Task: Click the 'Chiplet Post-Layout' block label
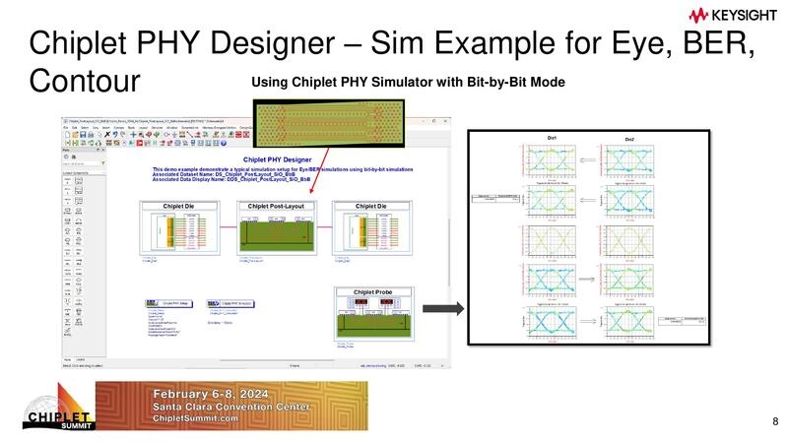coord(275,206)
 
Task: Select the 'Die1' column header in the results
coord(552,137)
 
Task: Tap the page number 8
coord(774,422)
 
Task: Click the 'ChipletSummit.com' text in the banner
coord(196,418)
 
